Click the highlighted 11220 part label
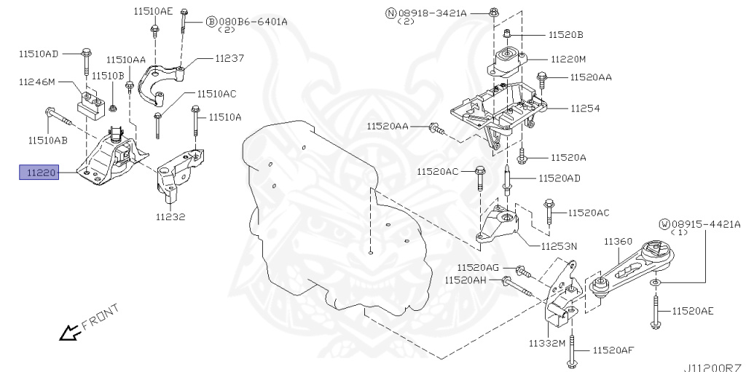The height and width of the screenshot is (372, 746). click(39, 173)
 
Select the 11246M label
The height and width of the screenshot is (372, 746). click(36, 82)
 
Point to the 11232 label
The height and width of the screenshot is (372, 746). click(170, 216)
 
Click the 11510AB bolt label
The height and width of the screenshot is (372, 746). click(48, 139)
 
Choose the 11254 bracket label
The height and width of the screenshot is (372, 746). click(585, 108)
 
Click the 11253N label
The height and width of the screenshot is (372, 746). click(558, 246)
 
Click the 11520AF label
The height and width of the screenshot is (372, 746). click(613, 351)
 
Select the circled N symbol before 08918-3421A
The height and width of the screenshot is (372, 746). click(390, 12)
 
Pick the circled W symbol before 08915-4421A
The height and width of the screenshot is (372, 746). click(664, 223)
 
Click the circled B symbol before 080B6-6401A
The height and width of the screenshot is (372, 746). click(212, 22)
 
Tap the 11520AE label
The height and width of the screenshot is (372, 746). click(693, 311)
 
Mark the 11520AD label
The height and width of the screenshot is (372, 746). click(559, 178)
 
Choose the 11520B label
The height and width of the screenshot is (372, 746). click(566, 34)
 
